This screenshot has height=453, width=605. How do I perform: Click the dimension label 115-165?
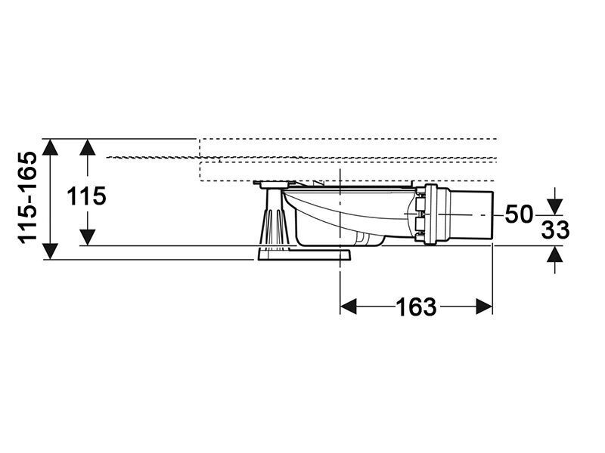coord(28,198)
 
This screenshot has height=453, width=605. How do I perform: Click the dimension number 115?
coord(86,196)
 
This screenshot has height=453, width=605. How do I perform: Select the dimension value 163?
coord(417,307)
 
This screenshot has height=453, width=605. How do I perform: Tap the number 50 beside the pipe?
coord(519,214)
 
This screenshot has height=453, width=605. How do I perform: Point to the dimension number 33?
coord(555,230)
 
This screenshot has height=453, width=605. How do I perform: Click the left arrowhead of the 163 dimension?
coord(349,307)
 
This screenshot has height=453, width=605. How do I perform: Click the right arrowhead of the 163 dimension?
coord(484,307)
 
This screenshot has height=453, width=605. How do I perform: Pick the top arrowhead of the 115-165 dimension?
coord(50,147)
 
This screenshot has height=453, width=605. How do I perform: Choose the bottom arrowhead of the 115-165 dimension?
coord(50,251)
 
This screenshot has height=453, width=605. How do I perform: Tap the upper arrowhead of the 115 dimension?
coord(88,147)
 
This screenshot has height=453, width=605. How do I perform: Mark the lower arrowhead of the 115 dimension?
coord(88,237)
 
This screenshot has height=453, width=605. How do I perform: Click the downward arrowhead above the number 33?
coord(555,206)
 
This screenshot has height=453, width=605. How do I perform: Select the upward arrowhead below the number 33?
coord(555,254)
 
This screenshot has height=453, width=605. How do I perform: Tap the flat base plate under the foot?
coord(302,254)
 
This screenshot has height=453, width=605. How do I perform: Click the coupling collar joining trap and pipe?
coord(430,214)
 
